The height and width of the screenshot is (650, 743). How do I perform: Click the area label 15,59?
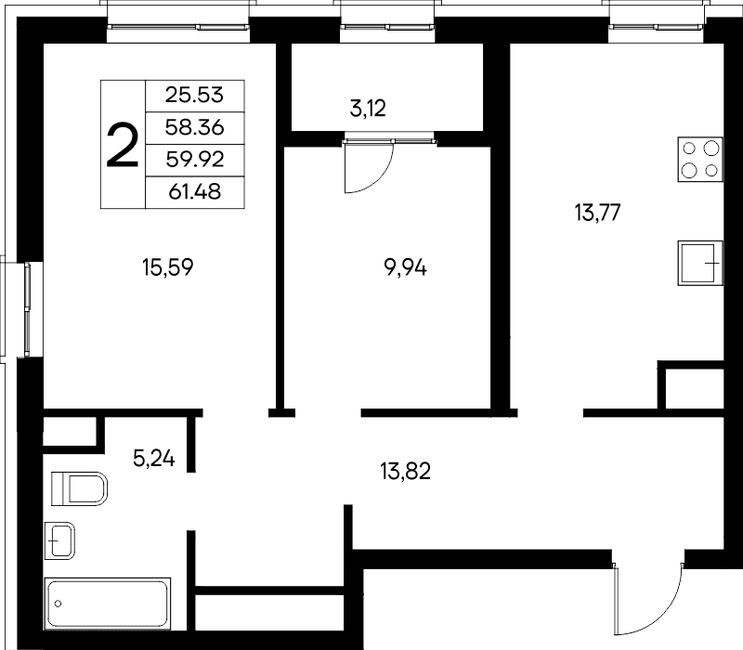[x=168, y=267]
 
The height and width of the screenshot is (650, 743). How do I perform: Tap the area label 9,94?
[x=405, y=268]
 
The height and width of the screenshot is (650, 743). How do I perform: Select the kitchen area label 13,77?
[x=597, y=213]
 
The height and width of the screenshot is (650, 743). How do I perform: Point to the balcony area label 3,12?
[x=368, y=109]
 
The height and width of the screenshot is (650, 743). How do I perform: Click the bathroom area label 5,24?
[x=154, y=458]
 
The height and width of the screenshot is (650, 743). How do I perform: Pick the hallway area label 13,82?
[x=405, y=472]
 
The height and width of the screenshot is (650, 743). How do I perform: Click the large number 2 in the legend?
[x=123, y=145]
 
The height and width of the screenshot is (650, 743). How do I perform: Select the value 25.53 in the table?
[x=194, y=96]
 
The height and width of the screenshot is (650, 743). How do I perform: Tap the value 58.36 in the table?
[x=194, y=127]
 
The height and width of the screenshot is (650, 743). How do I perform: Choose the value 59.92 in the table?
[x=195, y=160]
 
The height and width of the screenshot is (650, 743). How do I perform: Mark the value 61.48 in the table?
[x=195, y=192]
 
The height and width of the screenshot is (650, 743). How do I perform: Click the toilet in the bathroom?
[x=79, y=488]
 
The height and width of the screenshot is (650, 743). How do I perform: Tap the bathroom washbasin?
[x=59, y=540]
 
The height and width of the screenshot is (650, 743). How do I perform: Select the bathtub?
[x=108, y=604]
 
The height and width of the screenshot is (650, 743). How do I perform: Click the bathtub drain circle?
[x=59, y=604]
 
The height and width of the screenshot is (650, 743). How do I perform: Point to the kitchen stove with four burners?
[x=700, y=160]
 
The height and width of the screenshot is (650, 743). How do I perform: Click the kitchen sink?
[x=700, y=263]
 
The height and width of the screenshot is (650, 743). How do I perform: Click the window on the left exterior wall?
[x=27, y=309]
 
